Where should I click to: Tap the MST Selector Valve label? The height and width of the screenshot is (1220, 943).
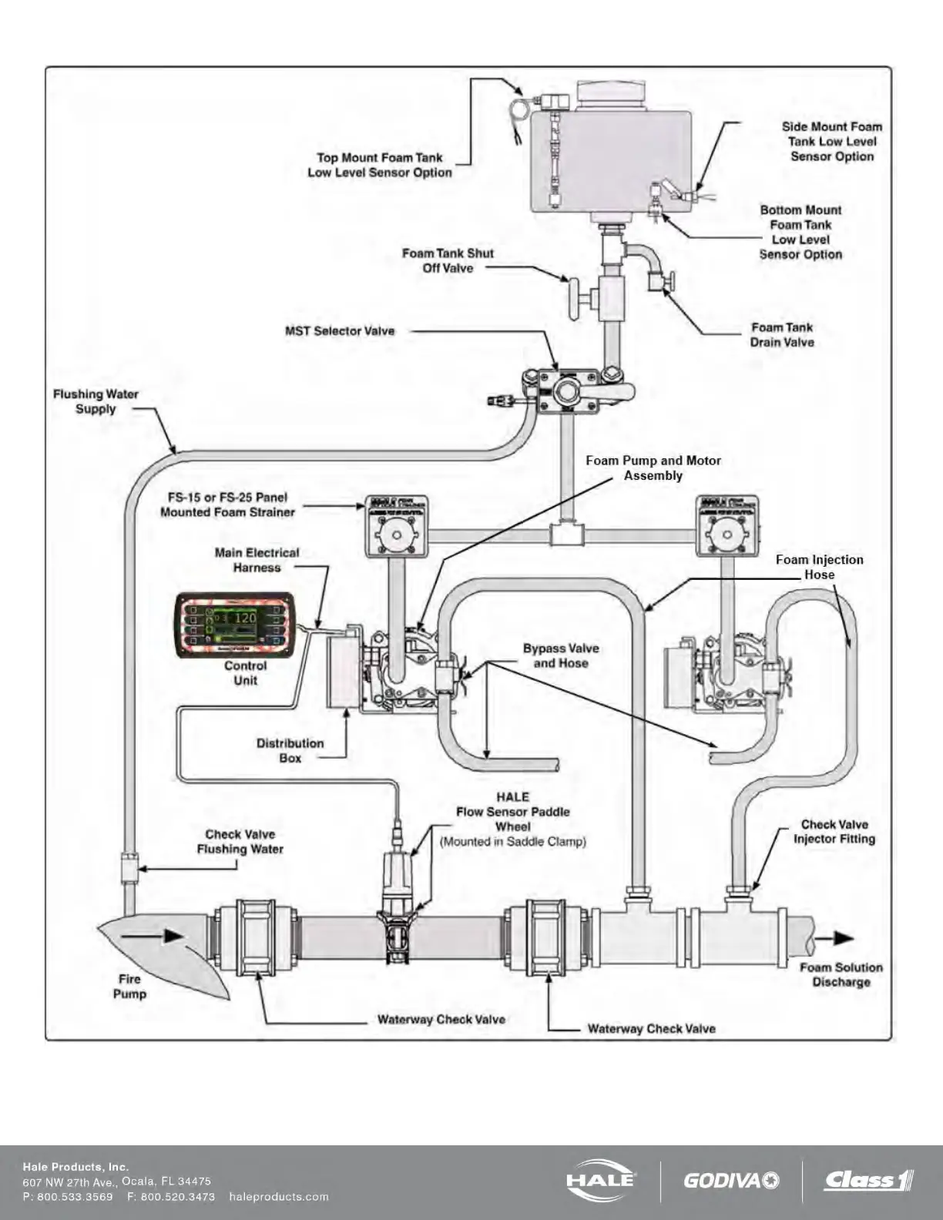pos(340,331)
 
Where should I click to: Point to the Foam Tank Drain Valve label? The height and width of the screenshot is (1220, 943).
pos(782,335)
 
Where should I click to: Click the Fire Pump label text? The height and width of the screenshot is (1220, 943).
pos(129,987)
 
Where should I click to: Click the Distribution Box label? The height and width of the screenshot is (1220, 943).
pos(290,751)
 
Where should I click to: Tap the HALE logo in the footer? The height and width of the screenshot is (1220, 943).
pos(601,1179)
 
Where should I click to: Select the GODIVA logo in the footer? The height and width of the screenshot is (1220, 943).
pos(731,1180)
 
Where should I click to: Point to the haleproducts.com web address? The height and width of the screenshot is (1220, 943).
pos(279,1197)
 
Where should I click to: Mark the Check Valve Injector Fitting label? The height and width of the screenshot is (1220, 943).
pos(834,832)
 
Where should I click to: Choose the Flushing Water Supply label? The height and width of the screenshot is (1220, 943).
pos(96,401)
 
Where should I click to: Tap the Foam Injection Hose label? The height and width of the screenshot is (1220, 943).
pos(819,567)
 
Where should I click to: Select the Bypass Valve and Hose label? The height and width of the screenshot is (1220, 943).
pos(561,655)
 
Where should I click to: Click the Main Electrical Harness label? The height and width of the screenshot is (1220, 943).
pos(257,560)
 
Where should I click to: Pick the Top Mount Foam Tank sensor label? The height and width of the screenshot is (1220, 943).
pos(380,165)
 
